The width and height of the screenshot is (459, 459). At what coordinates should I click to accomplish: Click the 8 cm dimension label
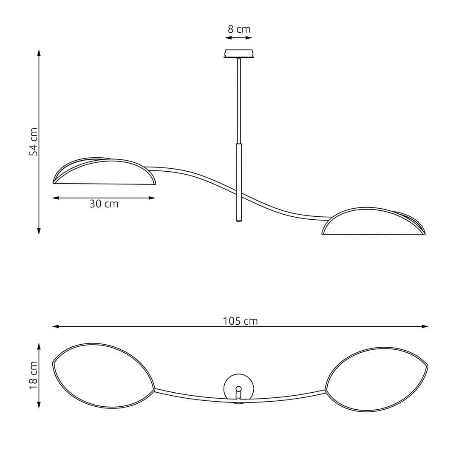(239, 29)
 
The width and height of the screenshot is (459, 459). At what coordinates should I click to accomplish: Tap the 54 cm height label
(34, 142)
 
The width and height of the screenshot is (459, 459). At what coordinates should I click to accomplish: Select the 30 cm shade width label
(104, 204)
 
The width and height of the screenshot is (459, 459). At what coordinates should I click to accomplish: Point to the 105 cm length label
(240, 321)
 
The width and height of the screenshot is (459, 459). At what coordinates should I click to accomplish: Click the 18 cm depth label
(34, 375)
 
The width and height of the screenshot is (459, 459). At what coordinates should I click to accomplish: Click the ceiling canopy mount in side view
(239, 54)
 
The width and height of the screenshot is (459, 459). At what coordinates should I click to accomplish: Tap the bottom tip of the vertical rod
(239, 221)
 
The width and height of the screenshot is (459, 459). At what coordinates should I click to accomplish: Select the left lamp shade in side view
(104, 172)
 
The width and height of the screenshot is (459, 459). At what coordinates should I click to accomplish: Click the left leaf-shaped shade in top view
(103, 376)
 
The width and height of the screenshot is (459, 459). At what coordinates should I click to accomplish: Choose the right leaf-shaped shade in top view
(377, 379)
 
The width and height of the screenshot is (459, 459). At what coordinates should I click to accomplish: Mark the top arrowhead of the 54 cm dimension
(39, 52)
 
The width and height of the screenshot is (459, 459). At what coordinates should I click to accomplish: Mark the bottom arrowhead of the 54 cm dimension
(39, 232)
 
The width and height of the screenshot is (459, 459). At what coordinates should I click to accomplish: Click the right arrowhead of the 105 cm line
(425, 326)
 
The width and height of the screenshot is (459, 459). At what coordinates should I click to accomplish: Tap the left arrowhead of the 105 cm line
(55, 326)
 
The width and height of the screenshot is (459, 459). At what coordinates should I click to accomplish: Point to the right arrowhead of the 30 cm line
(152, 198)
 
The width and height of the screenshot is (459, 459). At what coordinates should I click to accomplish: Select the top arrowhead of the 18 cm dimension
(39, 346)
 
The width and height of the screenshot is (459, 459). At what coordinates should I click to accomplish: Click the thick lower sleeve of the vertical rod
(239, 183)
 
